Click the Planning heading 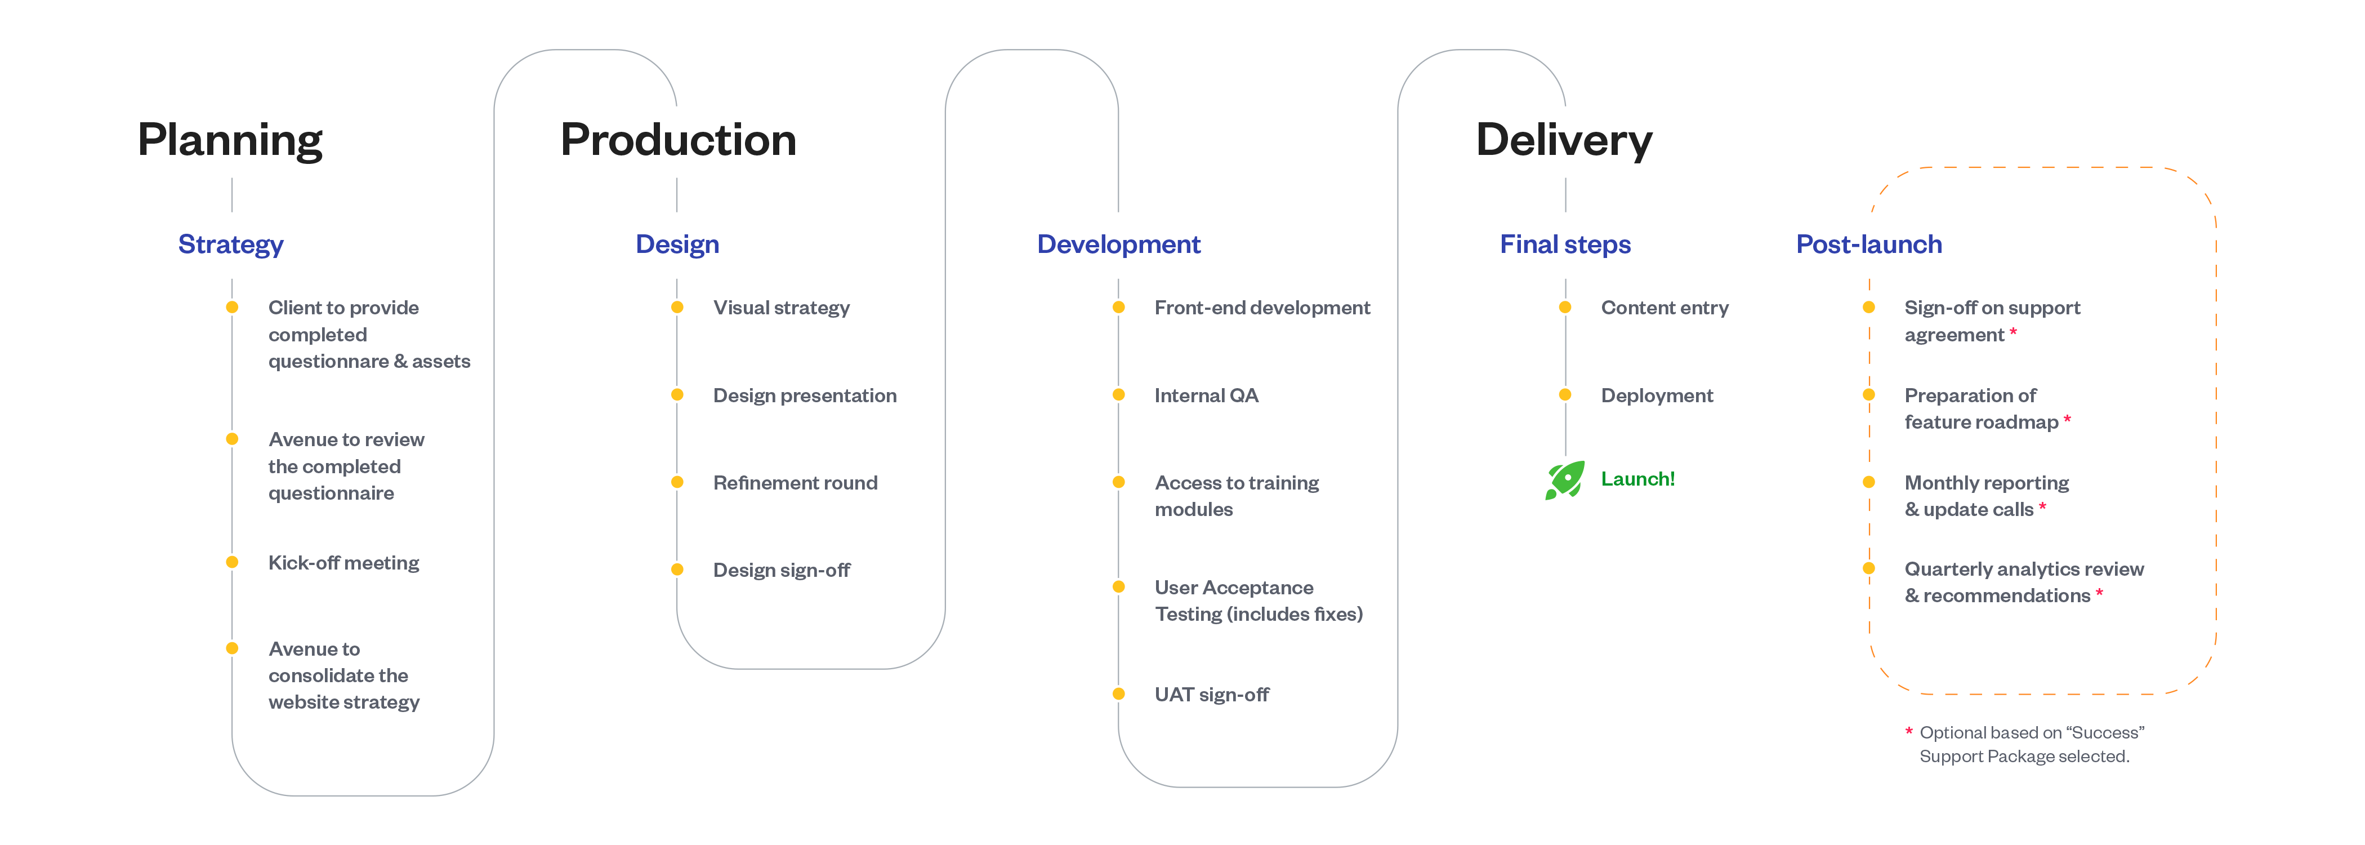click(230, 140)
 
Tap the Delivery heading click(1564, 140)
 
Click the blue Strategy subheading click(230, 245)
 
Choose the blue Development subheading click(1118, 244)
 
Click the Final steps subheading click(1565, 244)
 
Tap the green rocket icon click(1564, 479)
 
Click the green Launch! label click(1638, 478)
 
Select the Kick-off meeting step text click(343, 563)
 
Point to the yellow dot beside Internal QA click(1118, 395)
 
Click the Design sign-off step click(782, 570)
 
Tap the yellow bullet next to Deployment click(1565, 395)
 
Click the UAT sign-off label click(1212, 695)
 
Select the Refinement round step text click(795, 483)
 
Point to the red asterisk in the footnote click(1909, 731)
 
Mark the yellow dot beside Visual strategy click(677, 308)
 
